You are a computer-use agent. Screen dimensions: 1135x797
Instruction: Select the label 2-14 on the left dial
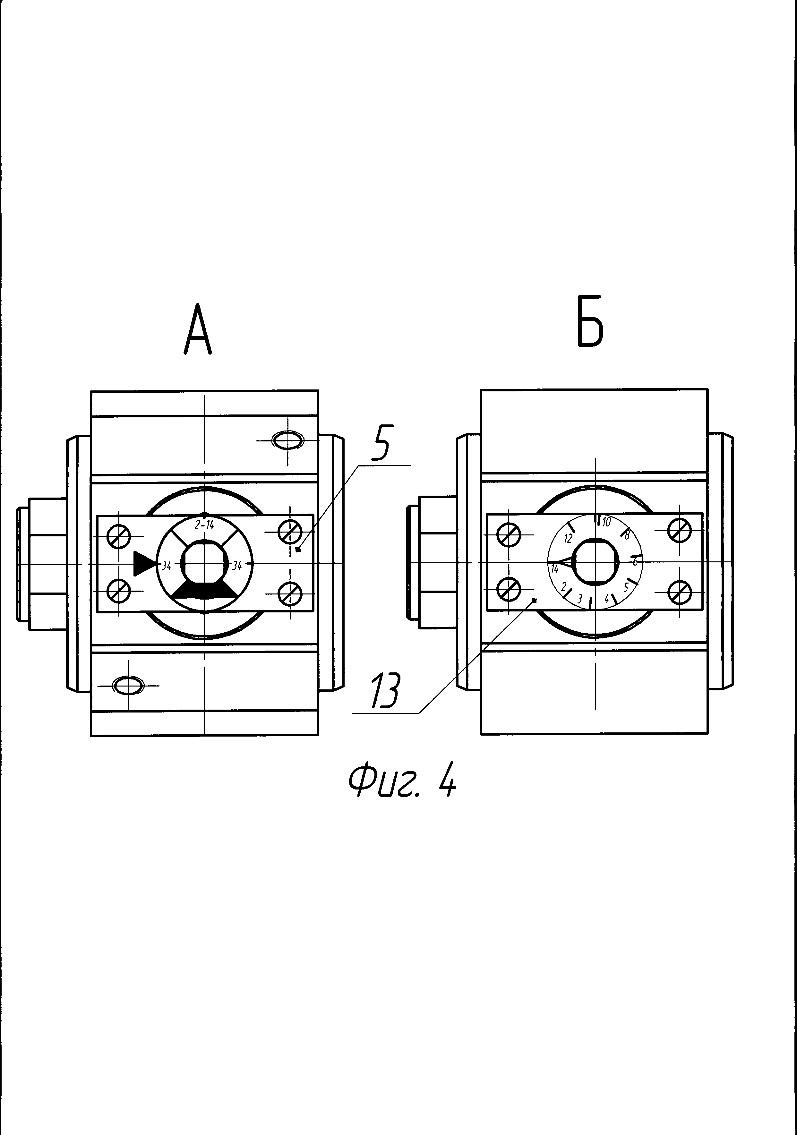(204, 525)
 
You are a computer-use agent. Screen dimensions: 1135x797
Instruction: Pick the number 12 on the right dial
(568, 538)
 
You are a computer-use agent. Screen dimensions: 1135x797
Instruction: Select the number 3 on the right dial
(580, 598)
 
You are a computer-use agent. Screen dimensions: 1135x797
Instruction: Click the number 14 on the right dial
(555, 569)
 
